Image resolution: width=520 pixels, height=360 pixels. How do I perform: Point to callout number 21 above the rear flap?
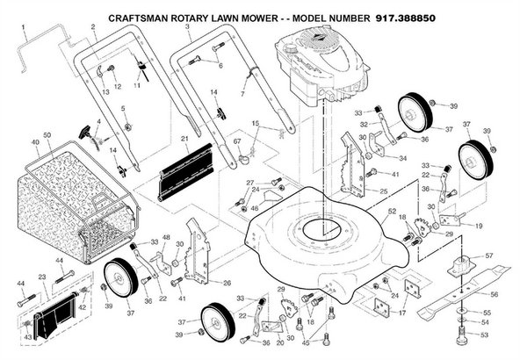point(184,139)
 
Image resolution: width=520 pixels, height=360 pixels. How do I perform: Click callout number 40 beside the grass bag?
point(35,140)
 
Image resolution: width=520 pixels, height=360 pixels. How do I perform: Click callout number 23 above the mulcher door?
point(41,276)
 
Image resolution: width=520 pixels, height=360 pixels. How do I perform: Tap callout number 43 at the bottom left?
point(26,337)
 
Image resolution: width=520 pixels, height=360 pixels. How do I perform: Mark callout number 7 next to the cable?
point(242,94)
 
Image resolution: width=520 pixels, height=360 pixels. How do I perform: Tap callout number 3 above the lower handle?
point(187,28)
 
